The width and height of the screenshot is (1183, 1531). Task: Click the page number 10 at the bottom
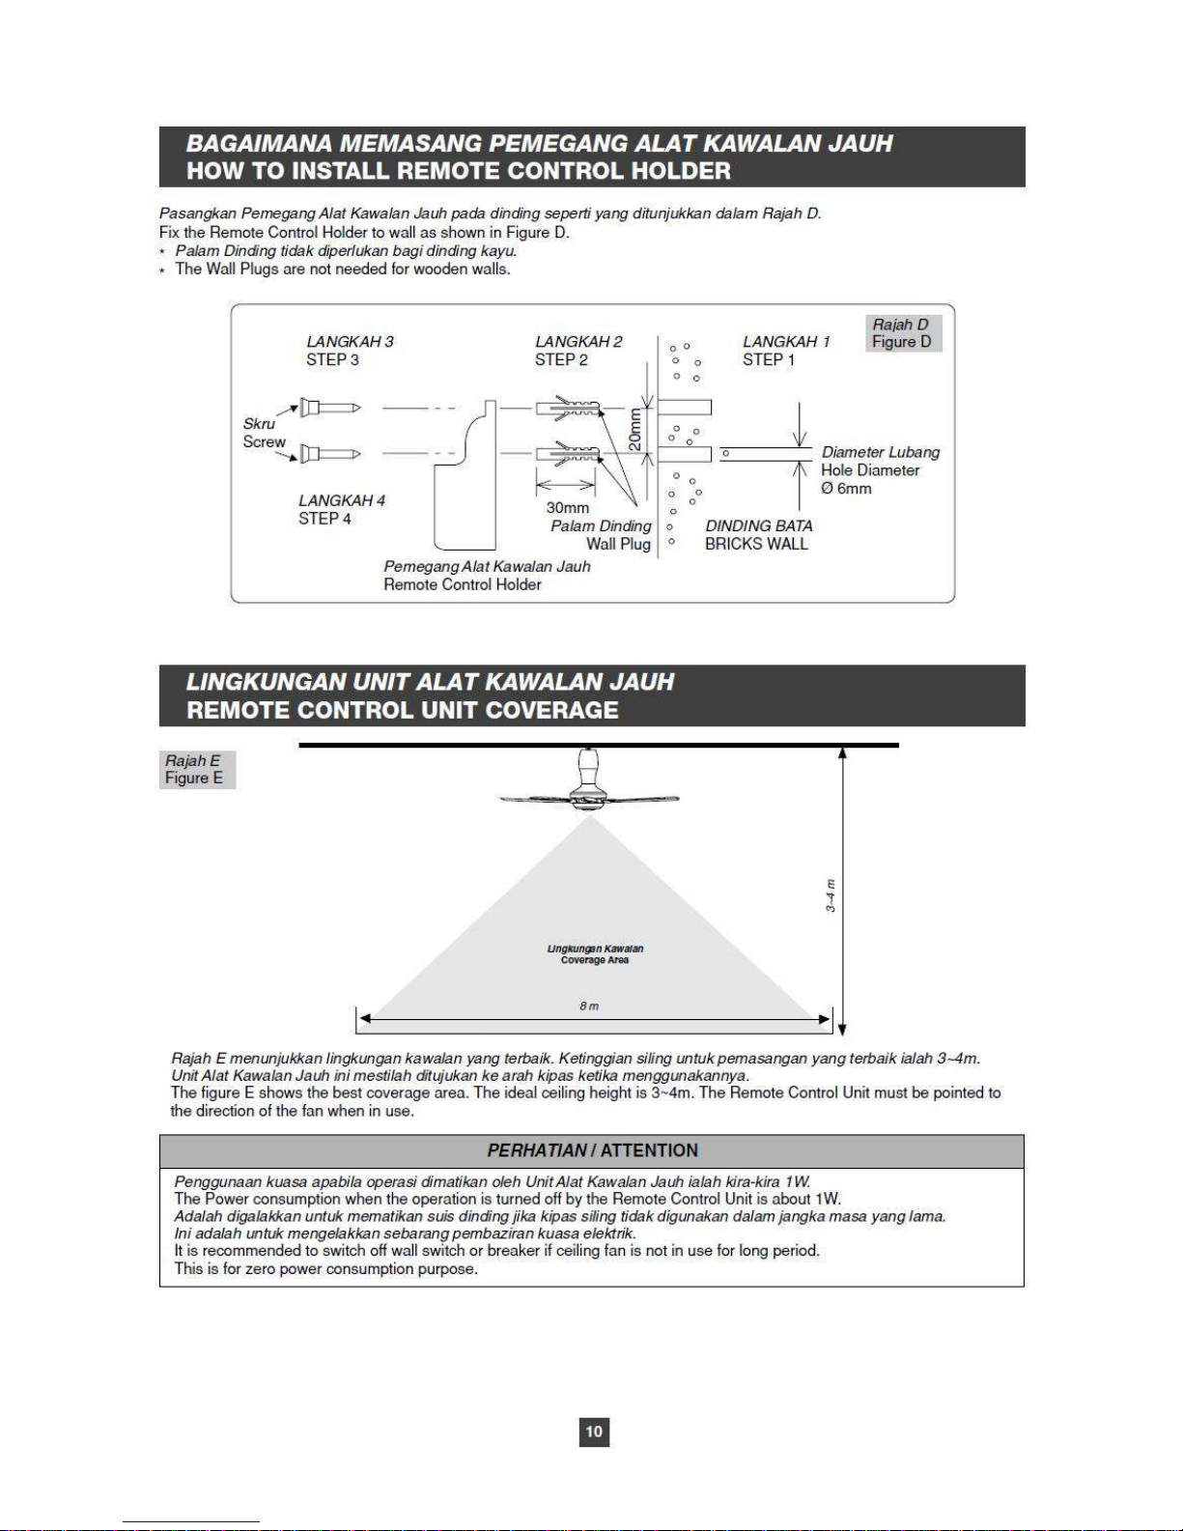pos(594,1431)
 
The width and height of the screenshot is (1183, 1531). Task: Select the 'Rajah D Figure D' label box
pos(902,333)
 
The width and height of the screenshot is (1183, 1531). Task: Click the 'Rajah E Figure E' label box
pos(196,770)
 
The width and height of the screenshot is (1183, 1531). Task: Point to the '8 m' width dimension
pos(589,1006)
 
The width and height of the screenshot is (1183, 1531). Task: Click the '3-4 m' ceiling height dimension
pos(831,895)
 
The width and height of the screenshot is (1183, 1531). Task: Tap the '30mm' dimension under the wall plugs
pos(567,508)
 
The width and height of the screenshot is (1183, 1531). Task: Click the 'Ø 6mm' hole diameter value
pos(846,489)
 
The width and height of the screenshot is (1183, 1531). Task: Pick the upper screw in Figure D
pos(328,408)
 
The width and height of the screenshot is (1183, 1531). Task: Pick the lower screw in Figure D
pos(328,453)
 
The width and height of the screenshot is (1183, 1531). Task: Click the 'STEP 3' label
pos(332,360)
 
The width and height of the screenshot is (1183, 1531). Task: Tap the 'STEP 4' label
pos(324,519)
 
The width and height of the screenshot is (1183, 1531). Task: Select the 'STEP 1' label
pos(769,360)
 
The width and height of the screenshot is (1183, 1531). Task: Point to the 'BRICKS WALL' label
pos(756,544)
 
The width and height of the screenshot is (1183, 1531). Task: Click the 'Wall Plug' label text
pos(618,544)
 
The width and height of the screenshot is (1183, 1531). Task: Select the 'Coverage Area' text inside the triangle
pos(595,960)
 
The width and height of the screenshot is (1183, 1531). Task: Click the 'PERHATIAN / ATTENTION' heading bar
pos(591,1150)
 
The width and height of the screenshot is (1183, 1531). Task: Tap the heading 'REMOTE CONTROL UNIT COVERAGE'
pos(402,710)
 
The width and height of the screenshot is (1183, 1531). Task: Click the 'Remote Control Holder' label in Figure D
pos(462,584)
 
